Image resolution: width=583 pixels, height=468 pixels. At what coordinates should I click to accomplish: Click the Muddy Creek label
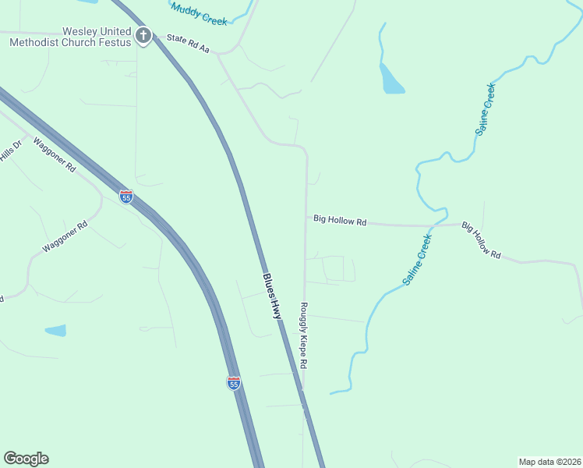199,12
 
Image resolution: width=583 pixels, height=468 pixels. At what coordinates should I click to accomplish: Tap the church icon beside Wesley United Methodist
143,35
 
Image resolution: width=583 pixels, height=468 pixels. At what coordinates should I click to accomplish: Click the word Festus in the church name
113,42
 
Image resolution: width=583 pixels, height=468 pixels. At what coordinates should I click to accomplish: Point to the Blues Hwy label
270,296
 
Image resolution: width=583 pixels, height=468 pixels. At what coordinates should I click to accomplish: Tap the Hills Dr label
11,150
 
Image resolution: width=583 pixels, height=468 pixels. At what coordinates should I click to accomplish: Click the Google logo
26,459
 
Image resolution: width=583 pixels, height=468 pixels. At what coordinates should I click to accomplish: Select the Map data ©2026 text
549,461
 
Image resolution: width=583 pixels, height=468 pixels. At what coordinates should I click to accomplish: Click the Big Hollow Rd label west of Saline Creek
340,222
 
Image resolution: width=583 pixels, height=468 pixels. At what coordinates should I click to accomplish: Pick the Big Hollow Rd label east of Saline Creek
480,240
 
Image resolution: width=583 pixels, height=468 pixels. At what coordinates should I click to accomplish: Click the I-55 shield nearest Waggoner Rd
126,197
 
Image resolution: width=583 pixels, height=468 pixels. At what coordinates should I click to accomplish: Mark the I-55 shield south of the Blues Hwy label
233,382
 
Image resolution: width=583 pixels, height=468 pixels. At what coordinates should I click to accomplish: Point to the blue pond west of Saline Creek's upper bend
390,80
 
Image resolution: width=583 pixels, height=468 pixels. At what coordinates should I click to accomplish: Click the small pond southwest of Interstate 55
55,331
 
